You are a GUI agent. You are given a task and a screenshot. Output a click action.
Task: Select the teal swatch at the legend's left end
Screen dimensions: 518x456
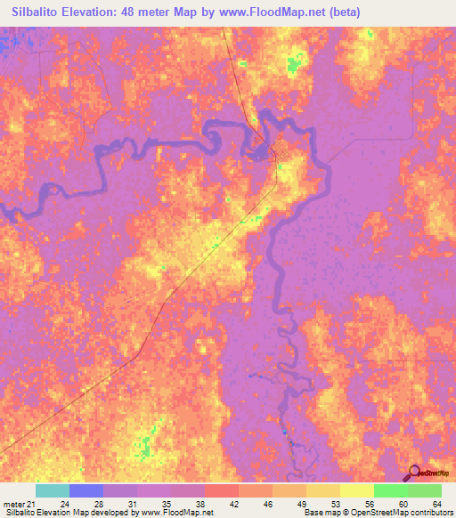pos(53,490)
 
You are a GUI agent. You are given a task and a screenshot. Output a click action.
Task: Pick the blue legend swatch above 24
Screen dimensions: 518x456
pos(86,490)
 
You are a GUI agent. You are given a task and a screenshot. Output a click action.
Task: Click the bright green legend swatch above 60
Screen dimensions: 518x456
pos(391,490)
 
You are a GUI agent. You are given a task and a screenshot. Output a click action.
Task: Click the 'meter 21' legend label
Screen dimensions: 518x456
pos(19,504)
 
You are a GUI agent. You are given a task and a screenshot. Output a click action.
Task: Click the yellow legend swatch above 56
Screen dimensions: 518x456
pos(357,490)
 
